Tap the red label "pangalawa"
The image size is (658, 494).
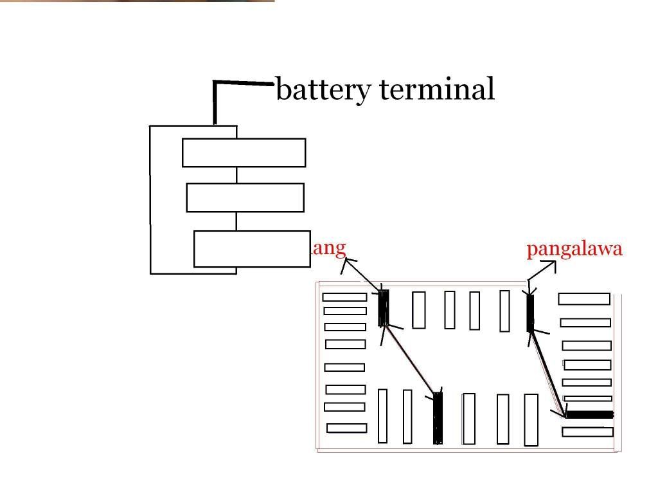574,250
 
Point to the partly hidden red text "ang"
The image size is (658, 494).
328,248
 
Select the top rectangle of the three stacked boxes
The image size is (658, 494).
244,152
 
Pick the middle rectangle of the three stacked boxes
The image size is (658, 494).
245,197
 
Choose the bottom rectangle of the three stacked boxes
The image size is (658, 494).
252,249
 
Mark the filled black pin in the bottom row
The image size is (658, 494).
438,418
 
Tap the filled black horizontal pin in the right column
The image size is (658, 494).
589,415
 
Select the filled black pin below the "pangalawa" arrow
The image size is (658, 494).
530,313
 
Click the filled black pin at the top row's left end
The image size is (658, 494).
384,308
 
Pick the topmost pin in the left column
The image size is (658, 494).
344,297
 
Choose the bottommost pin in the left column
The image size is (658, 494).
346,428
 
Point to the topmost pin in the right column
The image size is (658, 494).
584,298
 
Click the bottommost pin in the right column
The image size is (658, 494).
587,432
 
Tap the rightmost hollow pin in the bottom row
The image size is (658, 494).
531,419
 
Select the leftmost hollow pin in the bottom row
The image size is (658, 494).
383,416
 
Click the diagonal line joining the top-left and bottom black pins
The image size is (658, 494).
411,358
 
